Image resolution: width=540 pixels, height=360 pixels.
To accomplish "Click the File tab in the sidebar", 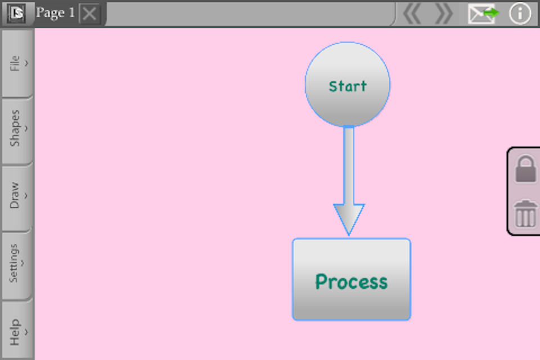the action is (17, 63).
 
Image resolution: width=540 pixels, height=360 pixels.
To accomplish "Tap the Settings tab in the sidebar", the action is (17, 264).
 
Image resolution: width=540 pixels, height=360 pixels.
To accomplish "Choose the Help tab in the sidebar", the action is (17, 331).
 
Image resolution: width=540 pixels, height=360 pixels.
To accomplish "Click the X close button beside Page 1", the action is (89, 13).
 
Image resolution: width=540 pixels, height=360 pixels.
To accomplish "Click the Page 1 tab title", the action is (55, 13).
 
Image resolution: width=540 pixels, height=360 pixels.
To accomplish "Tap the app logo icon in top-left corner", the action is (16, 13).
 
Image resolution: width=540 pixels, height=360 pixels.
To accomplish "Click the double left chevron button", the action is (412, 13).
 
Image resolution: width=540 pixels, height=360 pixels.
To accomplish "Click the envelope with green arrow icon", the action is (483, 13).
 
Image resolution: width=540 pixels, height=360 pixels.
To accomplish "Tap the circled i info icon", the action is (520, 13).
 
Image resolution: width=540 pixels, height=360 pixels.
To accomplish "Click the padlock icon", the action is (525, 169).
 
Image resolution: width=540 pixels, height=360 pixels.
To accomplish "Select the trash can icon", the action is (525, 214).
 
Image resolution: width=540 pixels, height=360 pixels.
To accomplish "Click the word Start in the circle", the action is (348, 86).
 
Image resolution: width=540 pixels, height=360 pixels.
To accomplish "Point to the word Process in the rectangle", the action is (351, 281).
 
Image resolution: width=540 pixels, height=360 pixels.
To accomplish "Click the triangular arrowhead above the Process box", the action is (349, 218).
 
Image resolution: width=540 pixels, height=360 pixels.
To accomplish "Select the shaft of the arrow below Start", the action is (349, 165).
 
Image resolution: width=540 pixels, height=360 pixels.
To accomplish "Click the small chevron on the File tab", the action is (26, 63).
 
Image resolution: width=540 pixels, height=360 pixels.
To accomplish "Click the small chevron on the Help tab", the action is (26, 332).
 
